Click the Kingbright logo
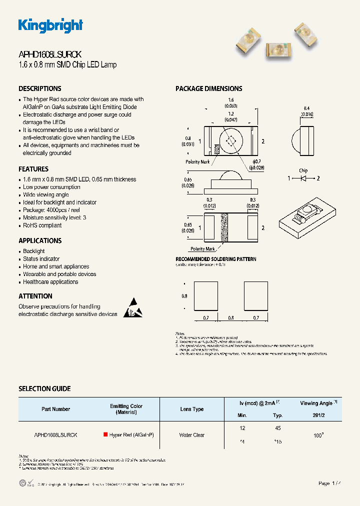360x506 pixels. (x=50, y=25)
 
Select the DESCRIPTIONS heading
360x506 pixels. (x=40, y=88)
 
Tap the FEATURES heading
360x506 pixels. (x=33, y=169)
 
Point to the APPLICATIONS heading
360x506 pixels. (x=40, y=240)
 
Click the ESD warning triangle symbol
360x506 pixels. (x=133, y=308)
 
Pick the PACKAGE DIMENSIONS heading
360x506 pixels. (x=208, y=88)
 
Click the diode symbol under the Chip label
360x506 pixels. (x=303, y=178)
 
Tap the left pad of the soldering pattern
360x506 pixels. (x=205, y=296)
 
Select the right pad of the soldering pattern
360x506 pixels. (x=256, y=296)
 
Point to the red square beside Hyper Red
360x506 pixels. (x=105, y=435)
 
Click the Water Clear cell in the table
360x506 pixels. (x=191, y=435)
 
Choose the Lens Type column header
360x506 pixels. (x=191, y=409)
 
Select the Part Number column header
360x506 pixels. (x=55, y=409)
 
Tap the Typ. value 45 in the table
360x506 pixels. (x=278, y=428)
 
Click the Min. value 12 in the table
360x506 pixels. (x=243, y=428)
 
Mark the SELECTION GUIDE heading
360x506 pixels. (x=44, y=388)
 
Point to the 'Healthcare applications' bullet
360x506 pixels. (x=50, y=282)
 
